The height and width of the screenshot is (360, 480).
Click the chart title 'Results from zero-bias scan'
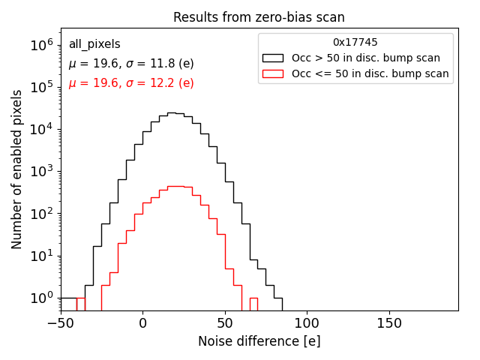259,17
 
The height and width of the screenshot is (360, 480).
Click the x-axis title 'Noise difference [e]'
259,341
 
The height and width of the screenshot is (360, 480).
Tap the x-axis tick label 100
307,323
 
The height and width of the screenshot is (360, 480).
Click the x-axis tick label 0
142,323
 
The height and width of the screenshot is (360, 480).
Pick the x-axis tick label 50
225,323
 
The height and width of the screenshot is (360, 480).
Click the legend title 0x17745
355,43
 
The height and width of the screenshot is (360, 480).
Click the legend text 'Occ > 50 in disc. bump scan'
366,58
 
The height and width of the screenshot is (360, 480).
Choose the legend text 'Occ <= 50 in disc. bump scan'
370,73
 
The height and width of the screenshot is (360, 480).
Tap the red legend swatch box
273,73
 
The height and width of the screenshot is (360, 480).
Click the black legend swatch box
273,58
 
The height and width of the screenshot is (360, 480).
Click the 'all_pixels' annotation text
94,45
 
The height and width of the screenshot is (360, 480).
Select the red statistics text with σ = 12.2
131,83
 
